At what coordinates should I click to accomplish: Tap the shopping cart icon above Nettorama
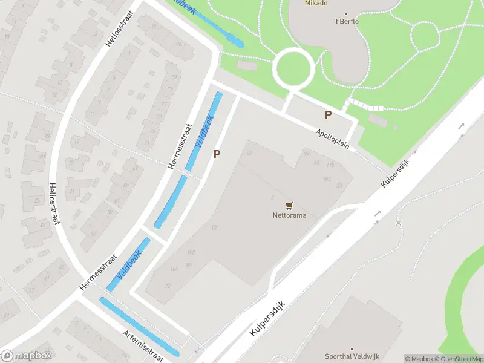coord(289,206)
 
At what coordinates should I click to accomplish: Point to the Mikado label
coord(315,3)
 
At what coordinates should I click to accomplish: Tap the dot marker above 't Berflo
coord(347,13)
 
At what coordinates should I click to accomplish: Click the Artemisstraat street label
coord(143,345)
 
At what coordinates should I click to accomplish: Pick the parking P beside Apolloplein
coord(329,114)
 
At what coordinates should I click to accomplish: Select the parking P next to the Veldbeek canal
coord(217,154)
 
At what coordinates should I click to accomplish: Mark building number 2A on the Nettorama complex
coord(249,153)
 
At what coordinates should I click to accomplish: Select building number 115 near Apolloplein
coord(330,165)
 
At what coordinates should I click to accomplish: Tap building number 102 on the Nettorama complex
coord(191,252)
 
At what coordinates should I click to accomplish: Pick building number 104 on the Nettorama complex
coord(174,269)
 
